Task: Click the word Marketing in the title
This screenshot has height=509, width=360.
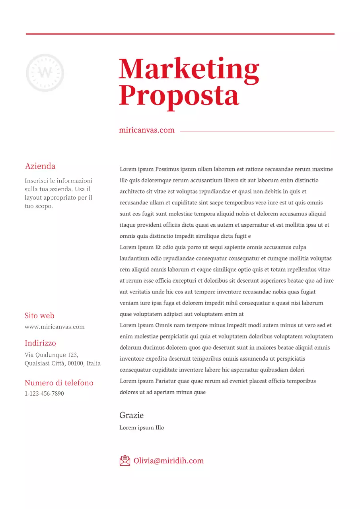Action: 189,70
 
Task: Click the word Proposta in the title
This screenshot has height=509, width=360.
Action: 179,95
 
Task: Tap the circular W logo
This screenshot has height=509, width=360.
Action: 45,73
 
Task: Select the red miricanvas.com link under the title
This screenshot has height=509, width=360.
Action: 146,130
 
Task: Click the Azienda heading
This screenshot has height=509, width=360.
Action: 40,166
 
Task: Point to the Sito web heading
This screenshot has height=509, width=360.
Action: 39,315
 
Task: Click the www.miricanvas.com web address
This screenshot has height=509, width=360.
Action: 54,327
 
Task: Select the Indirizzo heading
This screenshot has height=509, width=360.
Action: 40,343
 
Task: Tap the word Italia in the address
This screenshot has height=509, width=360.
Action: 93,363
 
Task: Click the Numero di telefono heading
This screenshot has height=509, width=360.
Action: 59,383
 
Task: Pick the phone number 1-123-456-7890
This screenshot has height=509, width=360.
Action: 44,394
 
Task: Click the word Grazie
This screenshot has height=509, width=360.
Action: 131,415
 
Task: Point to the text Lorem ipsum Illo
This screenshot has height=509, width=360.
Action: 142,428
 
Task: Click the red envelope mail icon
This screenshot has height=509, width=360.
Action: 125,460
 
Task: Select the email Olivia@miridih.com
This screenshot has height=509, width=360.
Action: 169,461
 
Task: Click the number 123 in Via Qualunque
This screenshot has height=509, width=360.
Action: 72,355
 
